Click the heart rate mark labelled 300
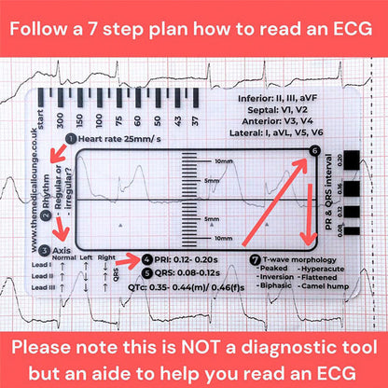(x=61, y=121)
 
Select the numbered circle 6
(x=313, y=151)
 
